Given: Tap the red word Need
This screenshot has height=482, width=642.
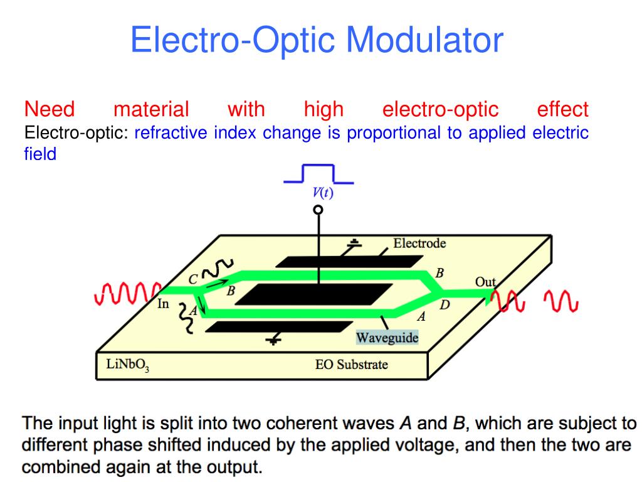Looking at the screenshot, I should coord(50,109).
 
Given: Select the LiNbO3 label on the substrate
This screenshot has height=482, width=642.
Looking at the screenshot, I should coord(124,365).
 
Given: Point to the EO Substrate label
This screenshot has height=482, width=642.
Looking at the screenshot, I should coord(351,365).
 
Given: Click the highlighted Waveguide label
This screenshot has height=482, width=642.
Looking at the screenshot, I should coord(387,338).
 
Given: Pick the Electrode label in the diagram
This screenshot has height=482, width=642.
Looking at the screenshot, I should coord(419,243).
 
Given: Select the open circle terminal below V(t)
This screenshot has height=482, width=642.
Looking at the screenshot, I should coord(318,210).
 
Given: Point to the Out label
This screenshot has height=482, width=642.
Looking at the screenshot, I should coord(485,282).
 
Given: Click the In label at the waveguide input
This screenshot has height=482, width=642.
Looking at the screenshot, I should coord(163,304).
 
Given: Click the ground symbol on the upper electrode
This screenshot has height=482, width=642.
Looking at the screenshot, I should coord(355,244).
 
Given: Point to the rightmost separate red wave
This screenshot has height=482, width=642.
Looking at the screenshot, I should coord(560,301).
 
